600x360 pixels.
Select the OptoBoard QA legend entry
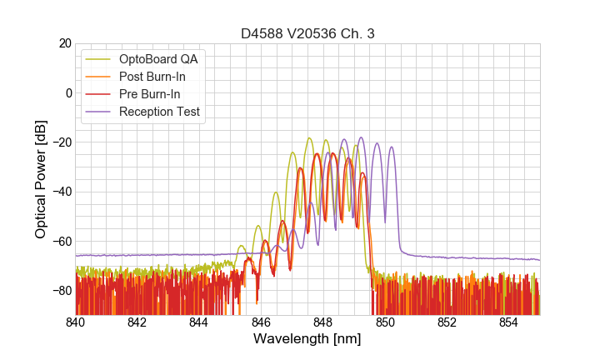159,59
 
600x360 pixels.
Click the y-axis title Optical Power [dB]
41,179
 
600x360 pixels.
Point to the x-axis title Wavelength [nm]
307,339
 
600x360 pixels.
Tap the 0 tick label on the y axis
68,92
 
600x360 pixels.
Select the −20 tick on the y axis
62,142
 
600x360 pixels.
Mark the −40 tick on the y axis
62,192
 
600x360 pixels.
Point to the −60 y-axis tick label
62,241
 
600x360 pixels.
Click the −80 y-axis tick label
62,291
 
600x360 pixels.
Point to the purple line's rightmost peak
391,147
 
